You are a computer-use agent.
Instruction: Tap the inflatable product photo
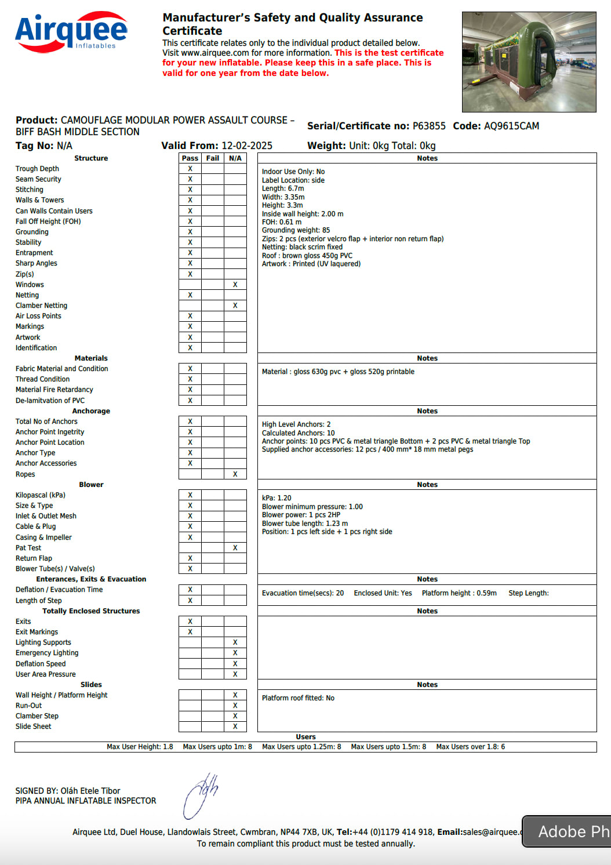[529, 61]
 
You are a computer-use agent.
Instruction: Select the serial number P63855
[429, 126]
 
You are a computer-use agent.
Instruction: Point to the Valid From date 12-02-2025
[246, 146]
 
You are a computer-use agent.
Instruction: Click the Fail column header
[213, 158]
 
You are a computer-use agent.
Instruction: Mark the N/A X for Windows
[235, 285]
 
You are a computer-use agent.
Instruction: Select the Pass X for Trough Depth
[190, 169]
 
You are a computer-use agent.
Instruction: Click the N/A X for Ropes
[235, 474]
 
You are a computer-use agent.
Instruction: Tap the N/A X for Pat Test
[235, 548]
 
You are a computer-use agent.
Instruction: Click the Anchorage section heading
[91, 411]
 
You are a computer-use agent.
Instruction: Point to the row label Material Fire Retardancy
[54, 390]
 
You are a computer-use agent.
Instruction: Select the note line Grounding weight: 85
[296, 230]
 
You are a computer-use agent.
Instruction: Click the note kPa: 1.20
[277, 498]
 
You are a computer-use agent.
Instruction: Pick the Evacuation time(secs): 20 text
[303, 593]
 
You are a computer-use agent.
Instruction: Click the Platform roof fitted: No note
[298, 698]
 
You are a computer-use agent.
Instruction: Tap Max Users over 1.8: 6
[470, 747]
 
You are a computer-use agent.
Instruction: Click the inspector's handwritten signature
[201, 795]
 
